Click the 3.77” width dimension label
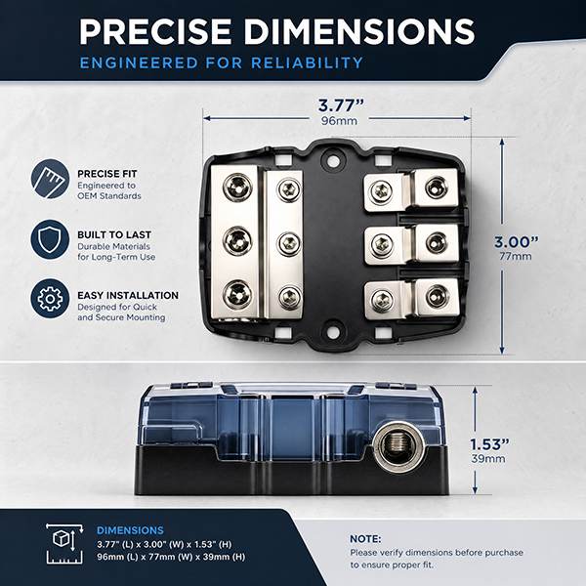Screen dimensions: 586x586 click(341, 105)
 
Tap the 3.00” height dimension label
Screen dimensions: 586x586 click(517, 242)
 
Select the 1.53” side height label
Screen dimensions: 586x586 click(489, 444)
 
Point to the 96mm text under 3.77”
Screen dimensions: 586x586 click(339, 121)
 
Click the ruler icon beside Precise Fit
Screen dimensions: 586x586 click(50, 179)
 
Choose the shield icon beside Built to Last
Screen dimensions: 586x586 click(50, 239)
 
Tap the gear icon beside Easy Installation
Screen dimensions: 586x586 click(50, 299)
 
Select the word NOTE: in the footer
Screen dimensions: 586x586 click(365, 539)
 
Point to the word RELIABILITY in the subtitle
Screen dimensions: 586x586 click(307, 63)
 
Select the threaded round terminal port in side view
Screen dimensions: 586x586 click(399, 446)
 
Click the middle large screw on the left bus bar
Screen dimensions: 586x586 click(237, 240)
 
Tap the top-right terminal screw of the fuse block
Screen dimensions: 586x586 click(437, 187)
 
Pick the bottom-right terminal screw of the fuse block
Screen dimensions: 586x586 click(437, 298)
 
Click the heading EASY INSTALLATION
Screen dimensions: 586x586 click(128, 295)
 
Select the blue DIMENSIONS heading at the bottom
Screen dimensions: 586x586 click(130, 530)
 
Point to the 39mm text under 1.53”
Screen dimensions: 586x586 click(488, 459)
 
